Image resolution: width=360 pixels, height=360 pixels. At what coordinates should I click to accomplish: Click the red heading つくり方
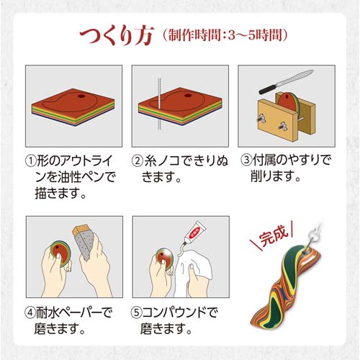tap(117, 36)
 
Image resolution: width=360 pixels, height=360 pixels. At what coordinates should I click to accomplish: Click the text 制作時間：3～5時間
tap(225, 35)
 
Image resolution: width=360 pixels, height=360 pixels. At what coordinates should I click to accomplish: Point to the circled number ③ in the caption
tap(246, 161)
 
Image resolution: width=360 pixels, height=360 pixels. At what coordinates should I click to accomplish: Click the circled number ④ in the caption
tap(30, 312)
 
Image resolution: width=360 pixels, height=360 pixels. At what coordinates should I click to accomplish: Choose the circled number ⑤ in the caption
tap(136, 312)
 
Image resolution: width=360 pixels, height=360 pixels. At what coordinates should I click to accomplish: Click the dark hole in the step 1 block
tap(81, 96)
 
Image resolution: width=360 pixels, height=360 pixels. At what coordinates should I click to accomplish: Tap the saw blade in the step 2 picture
tap(159, 104)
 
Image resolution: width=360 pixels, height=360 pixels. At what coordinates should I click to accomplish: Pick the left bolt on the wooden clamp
tap(262, 118)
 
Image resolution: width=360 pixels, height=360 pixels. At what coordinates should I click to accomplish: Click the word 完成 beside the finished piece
tap(274, 235)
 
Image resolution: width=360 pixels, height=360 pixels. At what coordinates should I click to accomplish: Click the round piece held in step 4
tap(60, 253)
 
